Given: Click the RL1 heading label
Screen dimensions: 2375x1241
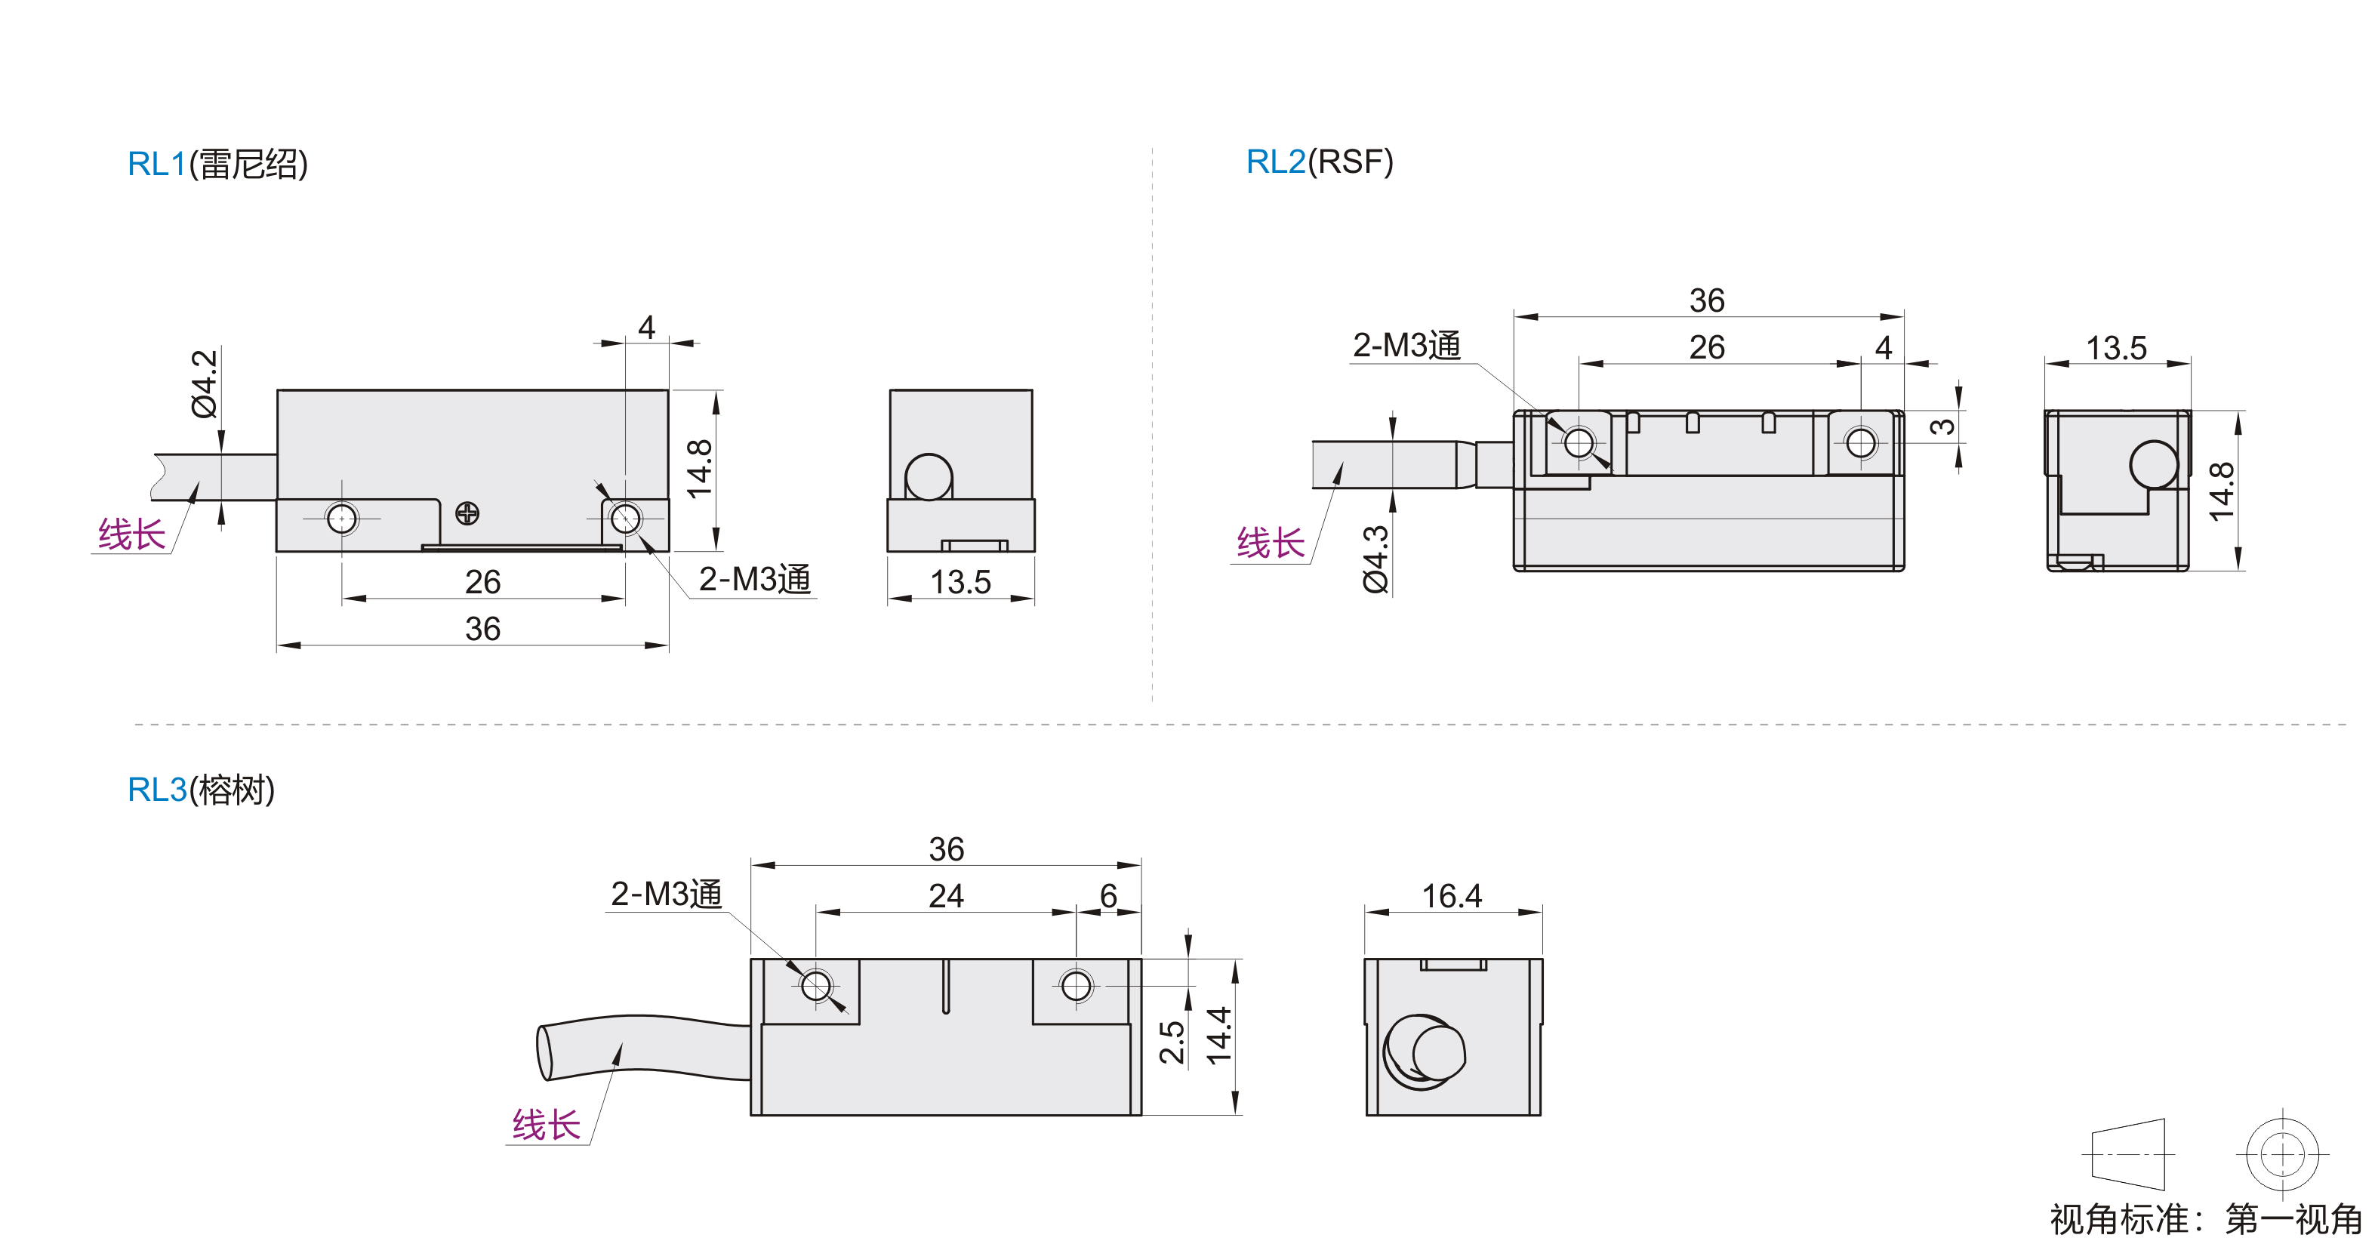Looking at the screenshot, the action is tap(217, 164).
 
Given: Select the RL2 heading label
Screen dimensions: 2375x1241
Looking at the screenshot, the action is tap(1320, 162).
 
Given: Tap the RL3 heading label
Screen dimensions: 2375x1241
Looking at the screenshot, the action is tap(201, 790).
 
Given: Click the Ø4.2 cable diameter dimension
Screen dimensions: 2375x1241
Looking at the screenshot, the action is tap(205, 383).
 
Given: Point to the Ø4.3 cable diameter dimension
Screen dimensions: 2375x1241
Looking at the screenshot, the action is tap(1375, 559).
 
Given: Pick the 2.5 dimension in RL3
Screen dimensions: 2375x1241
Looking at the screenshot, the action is tap(1171, 1042).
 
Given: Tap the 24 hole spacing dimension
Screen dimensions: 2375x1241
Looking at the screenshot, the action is tap(946, 895).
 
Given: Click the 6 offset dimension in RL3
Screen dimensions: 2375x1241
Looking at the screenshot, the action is tap(1108, 895).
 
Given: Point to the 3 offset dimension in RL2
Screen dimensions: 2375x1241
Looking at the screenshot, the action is tap(1942, 426).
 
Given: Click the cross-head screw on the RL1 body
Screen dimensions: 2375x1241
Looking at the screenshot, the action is tap(467, 513).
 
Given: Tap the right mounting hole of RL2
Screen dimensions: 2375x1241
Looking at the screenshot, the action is tap(1861, 442).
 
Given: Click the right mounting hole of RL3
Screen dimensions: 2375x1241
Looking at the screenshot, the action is tap(1076, 986).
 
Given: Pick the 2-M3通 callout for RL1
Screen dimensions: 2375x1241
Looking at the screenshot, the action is tap(755, 579).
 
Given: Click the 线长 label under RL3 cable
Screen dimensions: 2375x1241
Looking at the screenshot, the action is tap(546, 1125).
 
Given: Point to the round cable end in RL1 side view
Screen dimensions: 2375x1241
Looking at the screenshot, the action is tap(929, 476).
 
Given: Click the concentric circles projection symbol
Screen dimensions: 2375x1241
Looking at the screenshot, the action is tap(2282, 1153).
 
